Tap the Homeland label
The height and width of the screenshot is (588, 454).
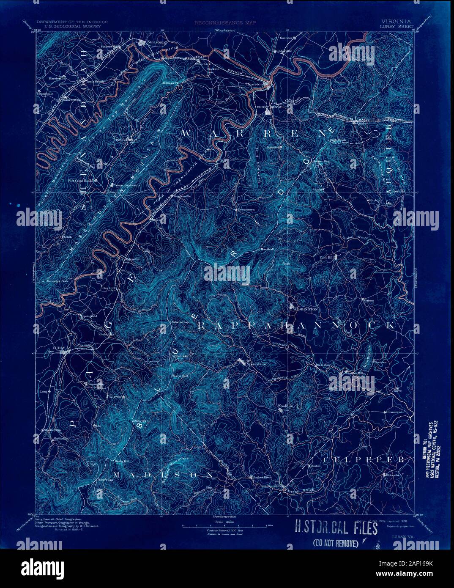pyautogui.click(x=396, y=412)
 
